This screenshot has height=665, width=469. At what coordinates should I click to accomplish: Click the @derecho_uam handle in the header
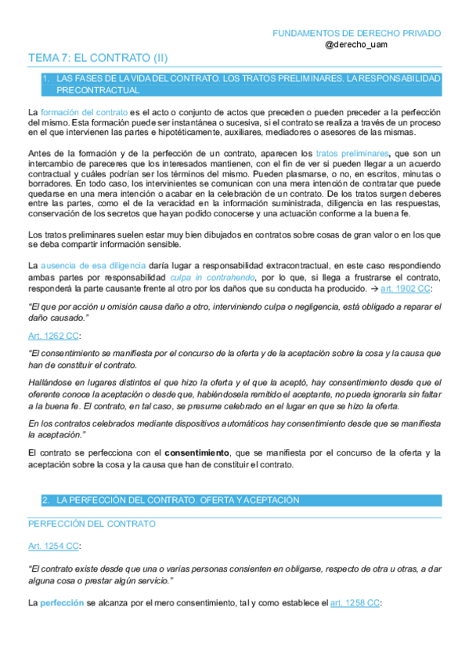[x=355, y=45]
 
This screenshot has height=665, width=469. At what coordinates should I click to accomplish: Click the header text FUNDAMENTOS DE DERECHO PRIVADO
[x=356, y=34]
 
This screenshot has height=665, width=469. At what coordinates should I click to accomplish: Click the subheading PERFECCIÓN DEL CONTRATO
[x=91, y=523]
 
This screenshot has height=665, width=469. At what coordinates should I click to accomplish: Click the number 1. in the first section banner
[x=46, y=79]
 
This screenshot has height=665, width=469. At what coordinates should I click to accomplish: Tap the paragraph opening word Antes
[x=39, y=151]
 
